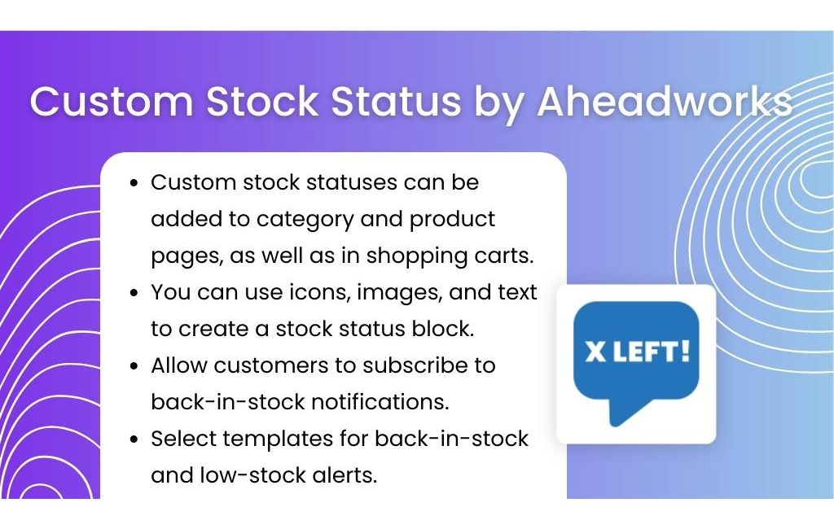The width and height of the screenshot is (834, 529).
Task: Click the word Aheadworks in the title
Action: coord(665,100)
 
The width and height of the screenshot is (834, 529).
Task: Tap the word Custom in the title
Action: coord(112,100)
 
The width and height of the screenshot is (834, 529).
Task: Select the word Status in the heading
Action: coord(396,100)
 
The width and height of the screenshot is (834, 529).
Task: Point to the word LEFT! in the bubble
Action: coord(652,352)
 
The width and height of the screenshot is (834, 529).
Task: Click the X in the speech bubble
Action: coord(595,352)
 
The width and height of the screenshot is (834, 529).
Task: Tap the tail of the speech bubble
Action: coord(628,411)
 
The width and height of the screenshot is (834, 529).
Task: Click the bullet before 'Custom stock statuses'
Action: coord(134,183)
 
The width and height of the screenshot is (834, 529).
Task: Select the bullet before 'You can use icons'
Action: coord(134,294)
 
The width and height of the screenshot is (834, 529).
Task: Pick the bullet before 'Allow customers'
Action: coord(134,366)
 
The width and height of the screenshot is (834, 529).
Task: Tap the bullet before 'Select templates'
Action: coord(134,439)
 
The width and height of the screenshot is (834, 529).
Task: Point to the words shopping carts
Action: coord(450,256)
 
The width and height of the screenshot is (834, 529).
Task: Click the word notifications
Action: coord(380,403)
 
